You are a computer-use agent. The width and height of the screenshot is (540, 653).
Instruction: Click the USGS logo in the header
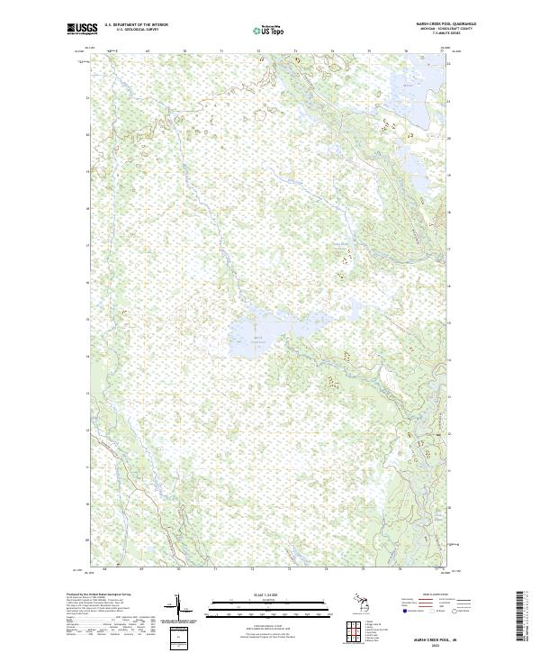click(x=82, y=29)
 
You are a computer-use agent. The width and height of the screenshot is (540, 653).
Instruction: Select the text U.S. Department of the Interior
click(x=136, y=25)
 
